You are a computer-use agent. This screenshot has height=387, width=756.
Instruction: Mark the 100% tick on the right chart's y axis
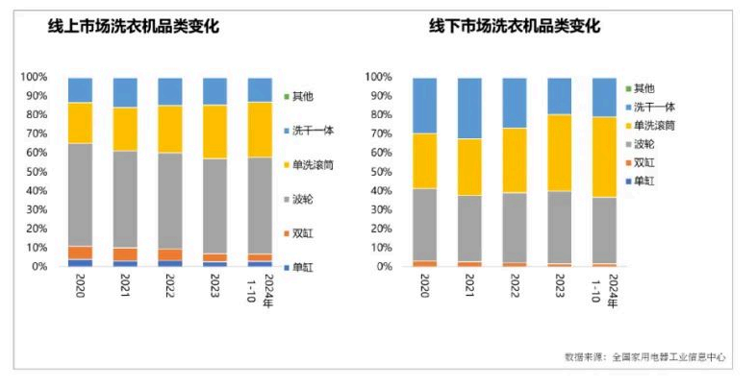[377, 77]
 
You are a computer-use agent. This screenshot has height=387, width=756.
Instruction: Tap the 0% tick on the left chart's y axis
[38, 267]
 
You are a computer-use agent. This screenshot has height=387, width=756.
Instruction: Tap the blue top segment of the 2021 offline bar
[469, 108]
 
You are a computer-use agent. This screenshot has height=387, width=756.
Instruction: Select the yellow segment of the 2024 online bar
[260, 130]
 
